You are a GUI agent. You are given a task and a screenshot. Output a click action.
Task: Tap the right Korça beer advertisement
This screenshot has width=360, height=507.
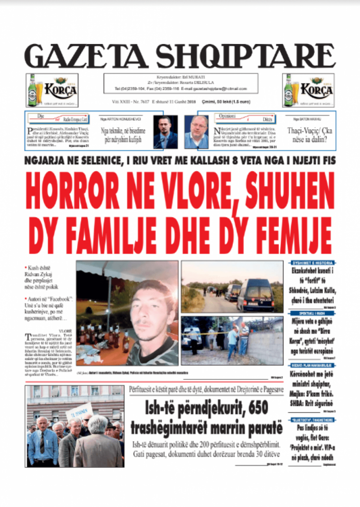click(x=308, y=90)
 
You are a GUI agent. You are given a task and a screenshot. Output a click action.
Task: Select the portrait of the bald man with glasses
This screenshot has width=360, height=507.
click(x=197, y=132)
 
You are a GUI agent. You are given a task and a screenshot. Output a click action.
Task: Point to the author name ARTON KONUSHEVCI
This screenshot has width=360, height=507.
click(x=121, y=119)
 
